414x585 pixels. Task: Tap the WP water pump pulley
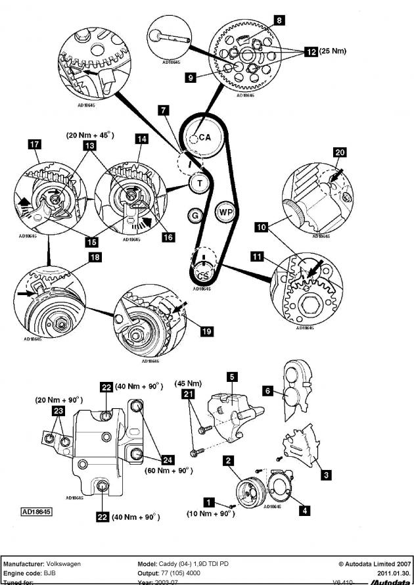coord(225,213)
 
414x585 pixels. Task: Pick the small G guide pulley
coord(194,215)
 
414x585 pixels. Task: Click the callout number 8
coord(279,20)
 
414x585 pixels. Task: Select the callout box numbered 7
coord(163,111)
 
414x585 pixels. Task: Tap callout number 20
coord(339,152)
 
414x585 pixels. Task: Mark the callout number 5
coord(232,377)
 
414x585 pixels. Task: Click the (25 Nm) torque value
coord(333,51)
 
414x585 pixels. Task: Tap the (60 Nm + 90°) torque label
coord(168,470)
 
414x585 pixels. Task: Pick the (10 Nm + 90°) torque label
coord(210,513)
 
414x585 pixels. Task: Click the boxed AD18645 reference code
coord(37,510)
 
